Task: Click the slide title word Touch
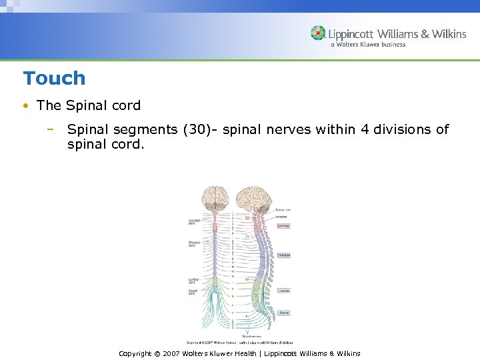(x=54, y=79)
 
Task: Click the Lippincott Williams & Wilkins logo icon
(x=319, y=33)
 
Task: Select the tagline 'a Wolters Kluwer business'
(x=367, y=45)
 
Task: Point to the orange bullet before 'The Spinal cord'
(x=25, y=106)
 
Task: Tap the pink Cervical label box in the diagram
(x=284, y=226)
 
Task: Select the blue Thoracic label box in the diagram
(x=284, y=255)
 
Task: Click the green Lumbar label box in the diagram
(x=284, y=291)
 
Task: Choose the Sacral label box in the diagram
(x=283, y=312)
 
